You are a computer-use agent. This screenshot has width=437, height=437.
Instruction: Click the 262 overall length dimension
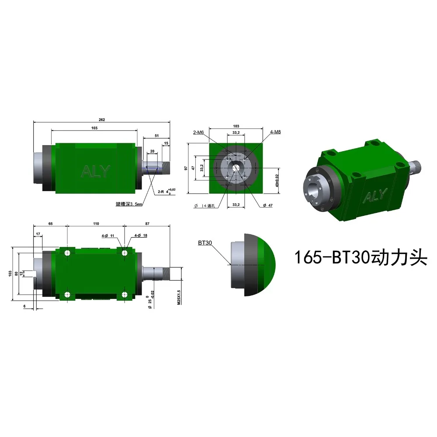pos(102,120)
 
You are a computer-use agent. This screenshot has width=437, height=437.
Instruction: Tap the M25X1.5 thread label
pos(179,297)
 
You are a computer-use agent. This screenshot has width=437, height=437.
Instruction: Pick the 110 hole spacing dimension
pos(96,223)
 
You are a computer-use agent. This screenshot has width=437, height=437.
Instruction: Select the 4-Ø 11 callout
pos(108,236)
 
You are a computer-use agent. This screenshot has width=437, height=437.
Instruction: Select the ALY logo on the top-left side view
pos(96,172)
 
